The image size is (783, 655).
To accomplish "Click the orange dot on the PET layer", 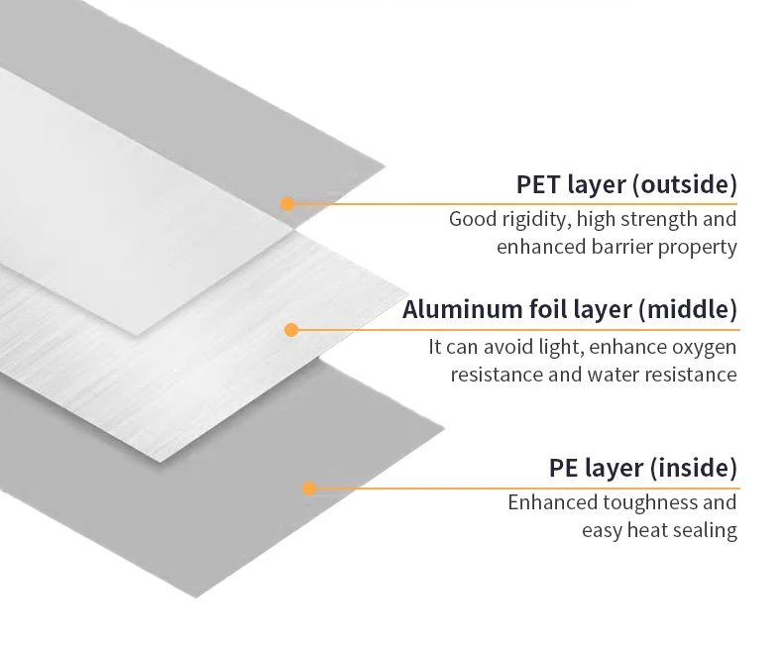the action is (287, 204).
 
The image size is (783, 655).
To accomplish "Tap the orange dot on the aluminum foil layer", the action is (291, 330).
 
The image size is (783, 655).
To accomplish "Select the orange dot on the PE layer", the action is (308, 488).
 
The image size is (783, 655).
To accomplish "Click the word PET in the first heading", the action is (537, 184).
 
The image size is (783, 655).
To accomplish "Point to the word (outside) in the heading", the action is (685, 184).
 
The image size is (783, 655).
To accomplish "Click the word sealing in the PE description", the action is (704, 530).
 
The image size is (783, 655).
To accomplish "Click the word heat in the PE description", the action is (642, 530).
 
